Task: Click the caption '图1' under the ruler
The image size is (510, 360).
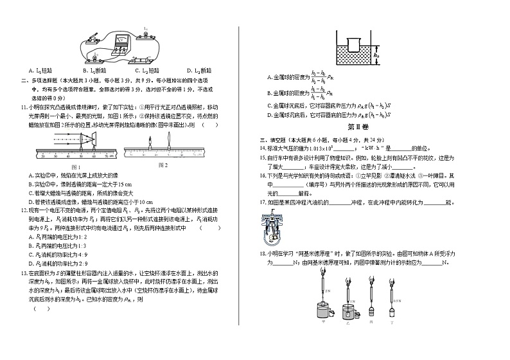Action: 73,166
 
